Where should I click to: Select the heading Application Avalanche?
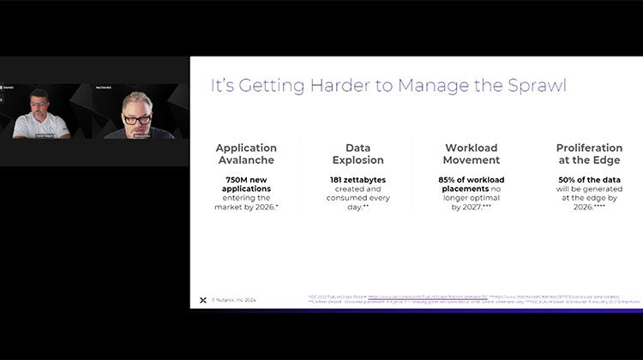(x=246, y=153)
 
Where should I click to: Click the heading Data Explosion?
(x=358, y=153)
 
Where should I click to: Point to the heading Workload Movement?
(x=472, y=153)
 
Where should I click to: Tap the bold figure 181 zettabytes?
(x=358, y=179)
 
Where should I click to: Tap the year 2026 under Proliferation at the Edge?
(x=582, y=207)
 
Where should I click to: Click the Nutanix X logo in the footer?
(x=202, y=300)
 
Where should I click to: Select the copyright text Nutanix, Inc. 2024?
(x=234, y=300)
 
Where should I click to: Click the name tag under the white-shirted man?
(x=41, y=135)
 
